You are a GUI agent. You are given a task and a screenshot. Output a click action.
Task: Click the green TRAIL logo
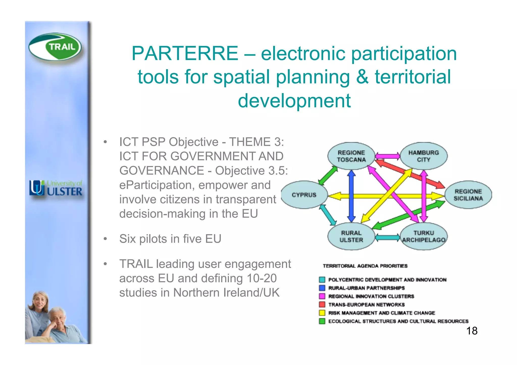click(55, 47)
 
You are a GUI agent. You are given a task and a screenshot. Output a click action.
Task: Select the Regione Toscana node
click(351, 156)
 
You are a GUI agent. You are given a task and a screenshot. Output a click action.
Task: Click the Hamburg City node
click(424, 156)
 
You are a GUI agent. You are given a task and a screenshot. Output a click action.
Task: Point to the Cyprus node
click(304, 195)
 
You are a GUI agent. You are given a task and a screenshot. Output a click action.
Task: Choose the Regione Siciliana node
click(468, 195)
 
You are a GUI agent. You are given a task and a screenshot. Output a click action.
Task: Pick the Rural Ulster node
click(351, 236)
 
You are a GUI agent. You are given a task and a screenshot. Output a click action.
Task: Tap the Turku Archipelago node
click(424, 236)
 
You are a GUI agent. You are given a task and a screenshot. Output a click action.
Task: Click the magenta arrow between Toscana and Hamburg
click(387, 156)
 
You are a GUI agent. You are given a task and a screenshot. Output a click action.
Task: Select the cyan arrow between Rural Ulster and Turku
click(387, 237)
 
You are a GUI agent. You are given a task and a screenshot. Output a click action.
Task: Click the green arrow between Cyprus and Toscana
click(328, 176)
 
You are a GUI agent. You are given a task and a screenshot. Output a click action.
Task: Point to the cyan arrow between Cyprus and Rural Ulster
click(328, 215)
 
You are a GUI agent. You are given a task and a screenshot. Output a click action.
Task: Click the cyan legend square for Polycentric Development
click(322, 280)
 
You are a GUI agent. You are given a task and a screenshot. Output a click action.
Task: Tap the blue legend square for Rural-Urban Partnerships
click(322, 288)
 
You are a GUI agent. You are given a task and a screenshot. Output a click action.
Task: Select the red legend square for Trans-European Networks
click(322, 304)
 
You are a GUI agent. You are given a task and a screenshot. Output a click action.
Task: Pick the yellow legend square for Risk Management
click(322, 313)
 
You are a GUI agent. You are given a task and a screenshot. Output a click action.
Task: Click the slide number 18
click(472, 331)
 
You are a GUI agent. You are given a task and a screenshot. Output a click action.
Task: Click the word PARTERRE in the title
click(185, 53)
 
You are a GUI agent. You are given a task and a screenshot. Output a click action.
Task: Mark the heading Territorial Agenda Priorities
click(365, 266)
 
